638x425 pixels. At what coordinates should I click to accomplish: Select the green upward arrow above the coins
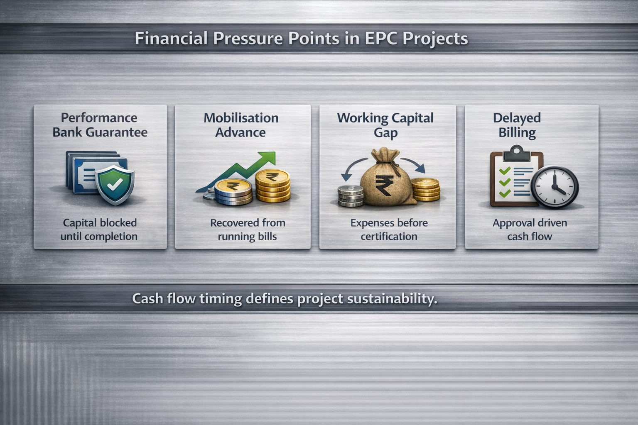pos(236,171)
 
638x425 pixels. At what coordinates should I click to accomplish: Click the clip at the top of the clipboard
pos(516,153)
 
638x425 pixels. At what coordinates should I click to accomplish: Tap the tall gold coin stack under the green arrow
pos(272,186)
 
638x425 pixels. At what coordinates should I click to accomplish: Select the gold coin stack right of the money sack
pos(425,189)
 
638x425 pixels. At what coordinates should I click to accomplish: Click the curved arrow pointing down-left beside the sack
pos(353,169)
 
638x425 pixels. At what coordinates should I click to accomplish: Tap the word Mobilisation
pos(241,118)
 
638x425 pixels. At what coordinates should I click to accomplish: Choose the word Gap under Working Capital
pos(385,133)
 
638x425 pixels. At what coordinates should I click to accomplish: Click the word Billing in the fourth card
pos(517,133)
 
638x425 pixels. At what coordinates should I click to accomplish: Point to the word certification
pos(389,236)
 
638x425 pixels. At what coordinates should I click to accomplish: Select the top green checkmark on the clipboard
pos(505,171)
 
